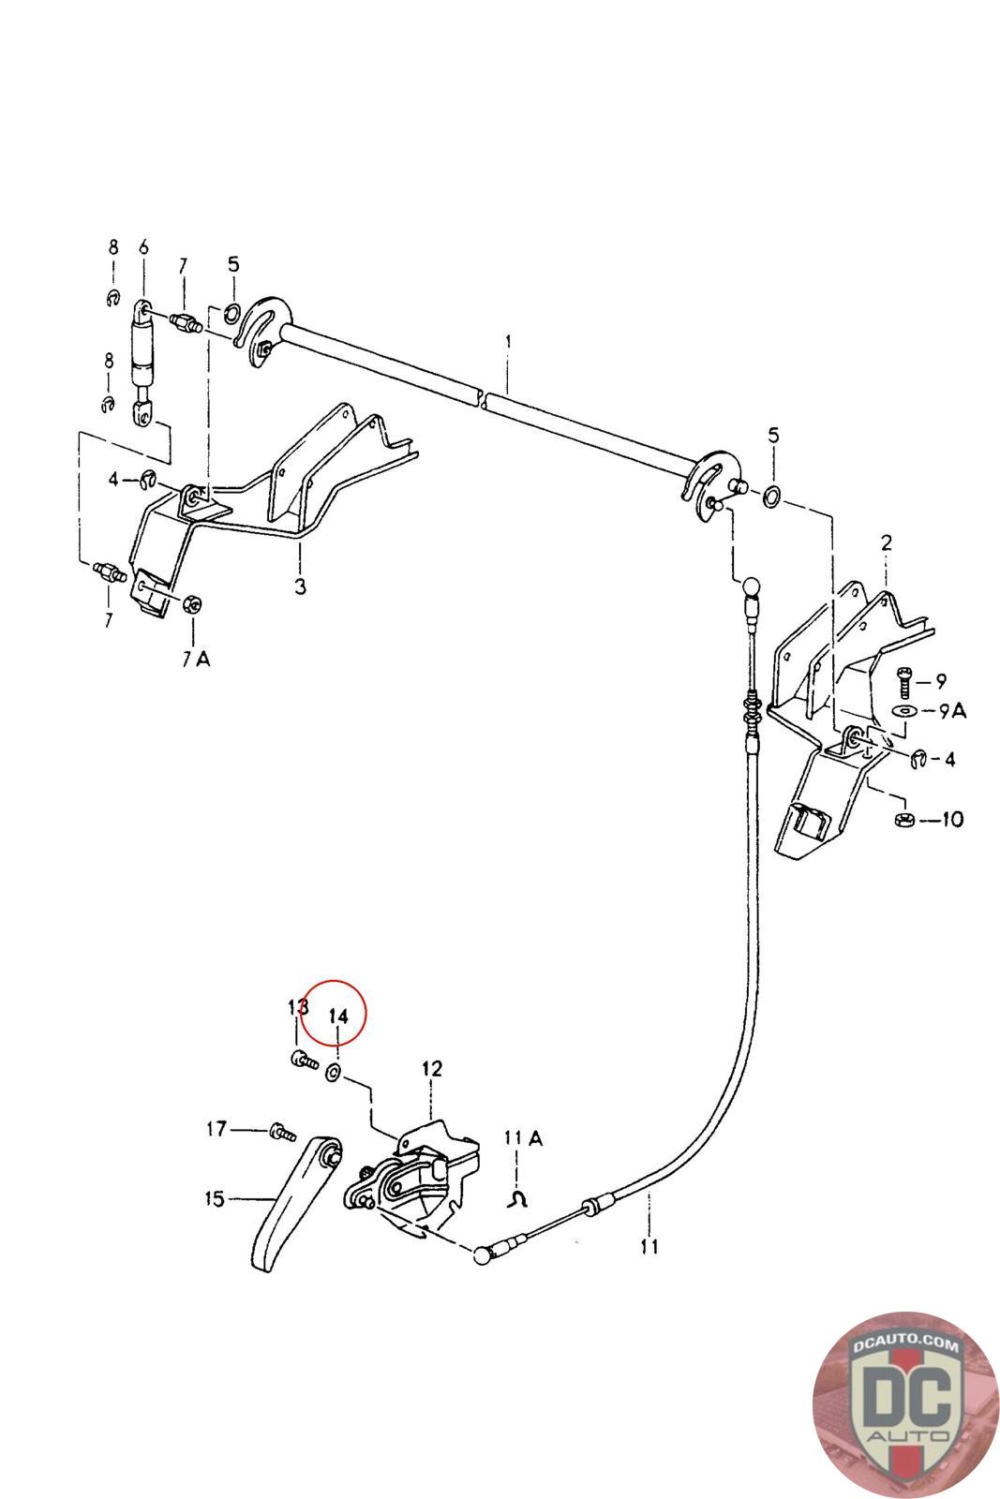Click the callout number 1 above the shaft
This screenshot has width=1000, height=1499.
[508, 342]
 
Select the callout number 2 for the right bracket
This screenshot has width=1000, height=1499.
[887, 542]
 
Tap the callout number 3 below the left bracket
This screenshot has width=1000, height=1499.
[300, 586]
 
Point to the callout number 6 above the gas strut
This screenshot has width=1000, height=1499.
[143, 247]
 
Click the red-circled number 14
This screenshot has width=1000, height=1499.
[338, 1016]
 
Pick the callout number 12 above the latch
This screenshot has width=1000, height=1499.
[432, 1068]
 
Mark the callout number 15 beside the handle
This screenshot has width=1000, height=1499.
[215, 1198]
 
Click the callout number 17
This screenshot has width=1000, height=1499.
[216, 1129]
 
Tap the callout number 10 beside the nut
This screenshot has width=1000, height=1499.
[952, 819]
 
